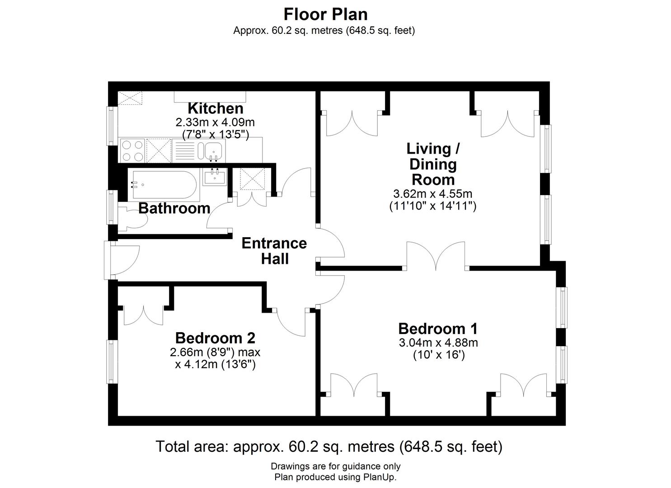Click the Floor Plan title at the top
[325, 14]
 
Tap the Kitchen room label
[215, 108]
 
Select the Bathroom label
[174, 208]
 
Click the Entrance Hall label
[274, 251]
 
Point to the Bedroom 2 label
[215, 338]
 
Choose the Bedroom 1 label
[438, 328]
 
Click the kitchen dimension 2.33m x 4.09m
[215, 122]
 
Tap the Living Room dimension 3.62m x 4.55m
[432, 194]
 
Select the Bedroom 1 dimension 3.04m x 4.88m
[438, 343]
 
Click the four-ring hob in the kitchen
[132, 150]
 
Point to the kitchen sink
[213, 150]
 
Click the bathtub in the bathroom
[162, 185]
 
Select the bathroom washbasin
[215, 177]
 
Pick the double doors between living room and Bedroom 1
[436, 258]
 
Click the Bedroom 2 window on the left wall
[112, 361]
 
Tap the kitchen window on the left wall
[111, 126]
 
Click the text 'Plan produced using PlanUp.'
[335, 477]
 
